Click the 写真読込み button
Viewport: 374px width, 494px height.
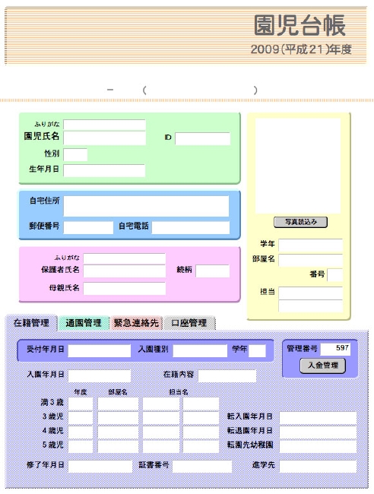(300, 222)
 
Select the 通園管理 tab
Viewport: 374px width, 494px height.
(84, 323)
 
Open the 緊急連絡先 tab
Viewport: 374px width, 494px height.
(136, 323)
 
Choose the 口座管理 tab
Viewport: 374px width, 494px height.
(189, 323)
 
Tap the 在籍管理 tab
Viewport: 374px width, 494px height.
(31, 323)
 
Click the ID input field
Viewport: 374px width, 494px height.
(203, 138)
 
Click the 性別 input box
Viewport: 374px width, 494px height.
(75, 155)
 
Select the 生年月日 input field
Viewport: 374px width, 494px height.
(104, 170)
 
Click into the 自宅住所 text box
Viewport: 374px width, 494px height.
(146, 206)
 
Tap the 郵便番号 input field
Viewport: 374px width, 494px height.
(88, 227)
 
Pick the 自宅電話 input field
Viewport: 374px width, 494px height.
(191, 227)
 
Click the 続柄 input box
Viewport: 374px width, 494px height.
(212, 271)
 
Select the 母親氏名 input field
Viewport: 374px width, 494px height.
(125, 288)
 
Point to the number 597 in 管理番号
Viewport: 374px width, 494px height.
(342, 348)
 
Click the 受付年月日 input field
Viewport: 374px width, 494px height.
(100, 350)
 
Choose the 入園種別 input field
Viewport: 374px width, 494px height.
(200, 350)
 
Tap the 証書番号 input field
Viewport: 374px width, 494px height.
(202, 467)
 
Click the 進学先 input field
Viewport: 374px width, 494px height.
(318, 467)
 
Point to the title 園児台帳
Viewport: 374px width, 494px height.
(300, 25)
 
